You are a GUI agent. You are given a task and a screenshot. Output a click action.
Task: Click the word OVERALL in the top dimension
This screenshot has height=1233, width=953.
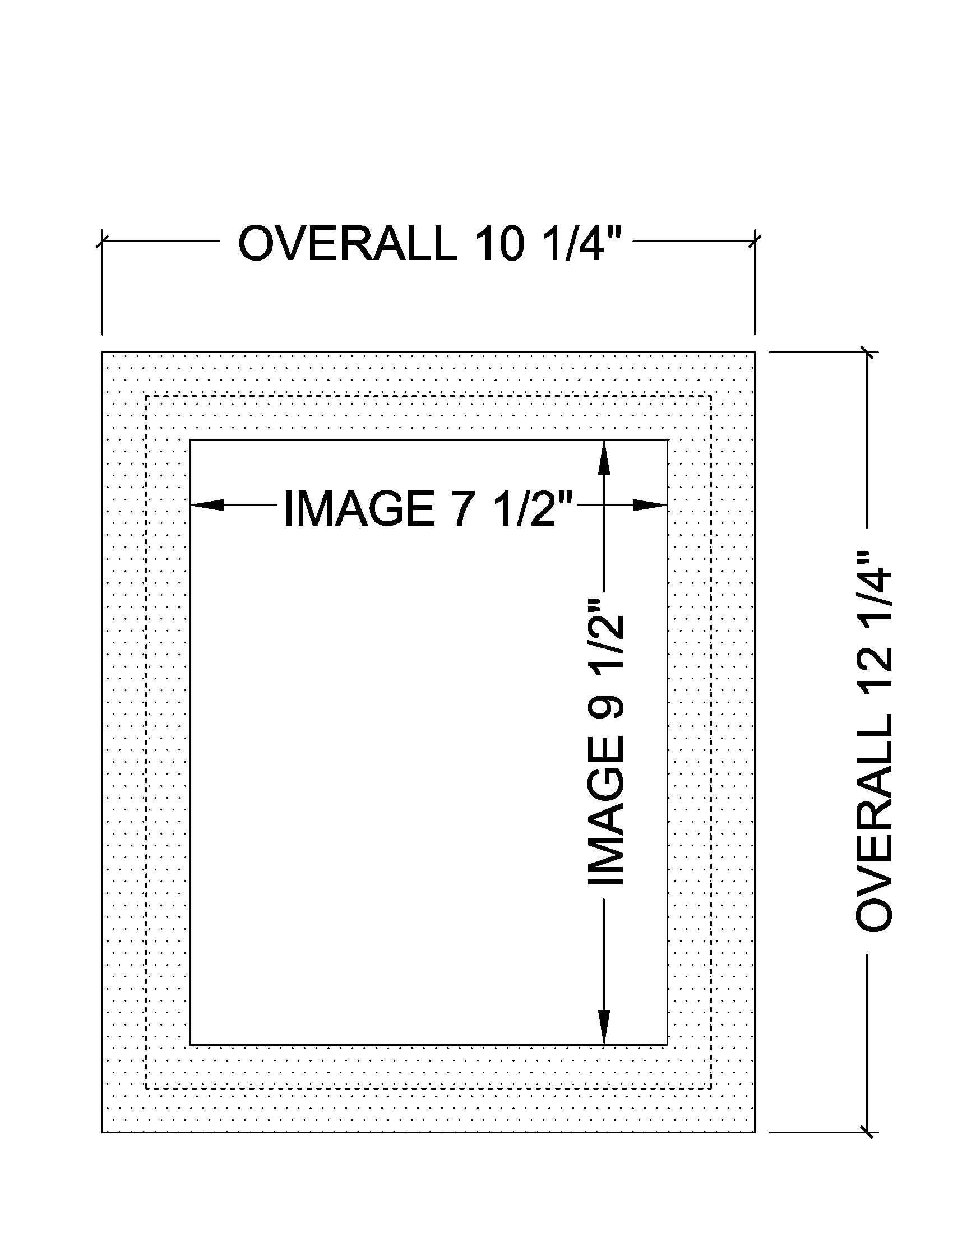click(348, 243)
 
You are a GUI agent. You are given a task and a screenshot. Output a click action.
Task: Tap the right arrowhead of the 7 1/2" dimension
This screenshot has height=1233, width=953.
click(650, 505)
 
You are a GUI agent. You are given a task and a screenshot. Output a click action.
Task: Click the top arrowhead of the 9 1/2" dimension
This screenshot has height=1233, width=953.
click(604, 457)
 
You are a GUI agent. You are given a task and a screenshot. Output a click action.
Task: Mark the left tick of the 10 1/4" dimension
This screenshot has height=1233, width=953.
click(102, 242)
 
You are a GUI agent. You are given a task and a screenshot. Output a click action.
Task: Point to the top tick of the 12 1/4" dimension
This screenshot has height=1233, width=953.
click(868, 353)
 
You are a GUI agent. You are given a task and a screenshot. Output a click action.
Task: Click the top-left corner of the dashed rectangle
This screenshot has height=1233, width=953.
click(146, 396)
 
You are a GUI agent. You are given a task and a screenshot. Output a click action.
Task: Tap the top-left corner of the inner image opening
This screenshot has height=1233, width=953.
click(189, 440)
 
